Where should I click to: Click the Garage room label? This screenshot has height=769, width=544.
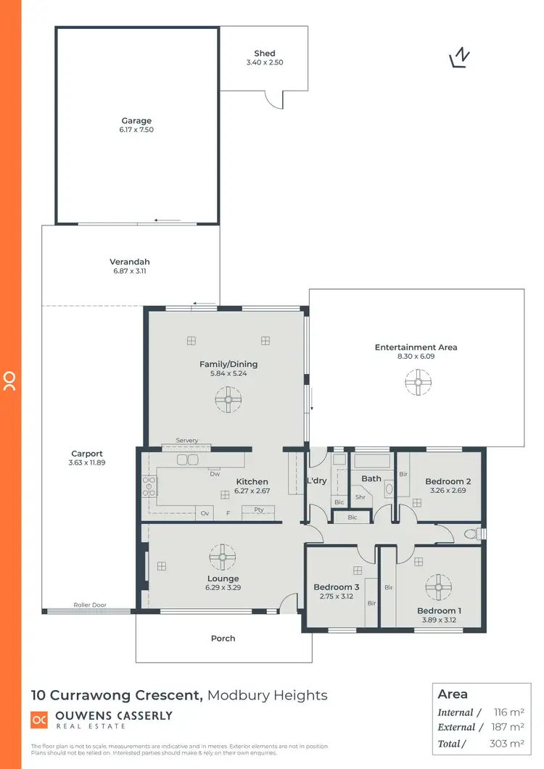(x=136, y=121)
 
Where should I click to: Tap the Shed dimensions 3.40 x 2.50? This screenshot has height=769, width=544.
(x=264, y=63)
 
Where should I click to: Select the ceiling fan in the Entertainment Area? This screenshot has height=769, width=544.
(x=417, y=383)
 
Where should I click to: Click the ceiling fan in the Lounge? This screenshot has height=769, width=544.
(x=223, y=557)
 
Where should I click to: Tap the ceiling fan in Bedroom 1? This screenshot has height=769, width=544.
(x=438, y=586)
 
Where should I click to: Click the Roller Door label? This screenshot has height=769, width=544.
(x=90, y=604)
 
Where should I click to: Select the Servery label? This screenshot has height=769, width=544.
(x=187, y=441)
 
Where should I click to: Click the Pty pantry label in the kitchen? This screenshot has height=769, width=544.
(x=259, y=510)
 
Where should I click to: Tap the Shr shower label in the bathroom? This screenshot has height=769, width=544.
(x=360, y=497)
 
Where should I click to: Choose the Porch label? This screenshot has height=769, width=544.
(x=223, y=639)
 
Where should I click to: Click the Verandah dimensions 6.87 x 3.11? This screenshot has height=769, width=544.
(x=131, y=271)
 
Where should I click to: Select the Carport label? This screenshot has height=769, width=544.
(x=87, y=454)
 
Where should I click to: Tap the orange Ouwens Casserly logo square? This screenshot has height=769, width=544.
(x=39, y=720)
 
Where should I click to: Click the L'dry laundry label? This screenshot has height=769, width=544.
(x=316, y=481)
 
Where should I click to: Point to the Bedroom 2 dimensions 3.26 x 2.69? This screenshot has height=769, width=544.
(x=448, y=491)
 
